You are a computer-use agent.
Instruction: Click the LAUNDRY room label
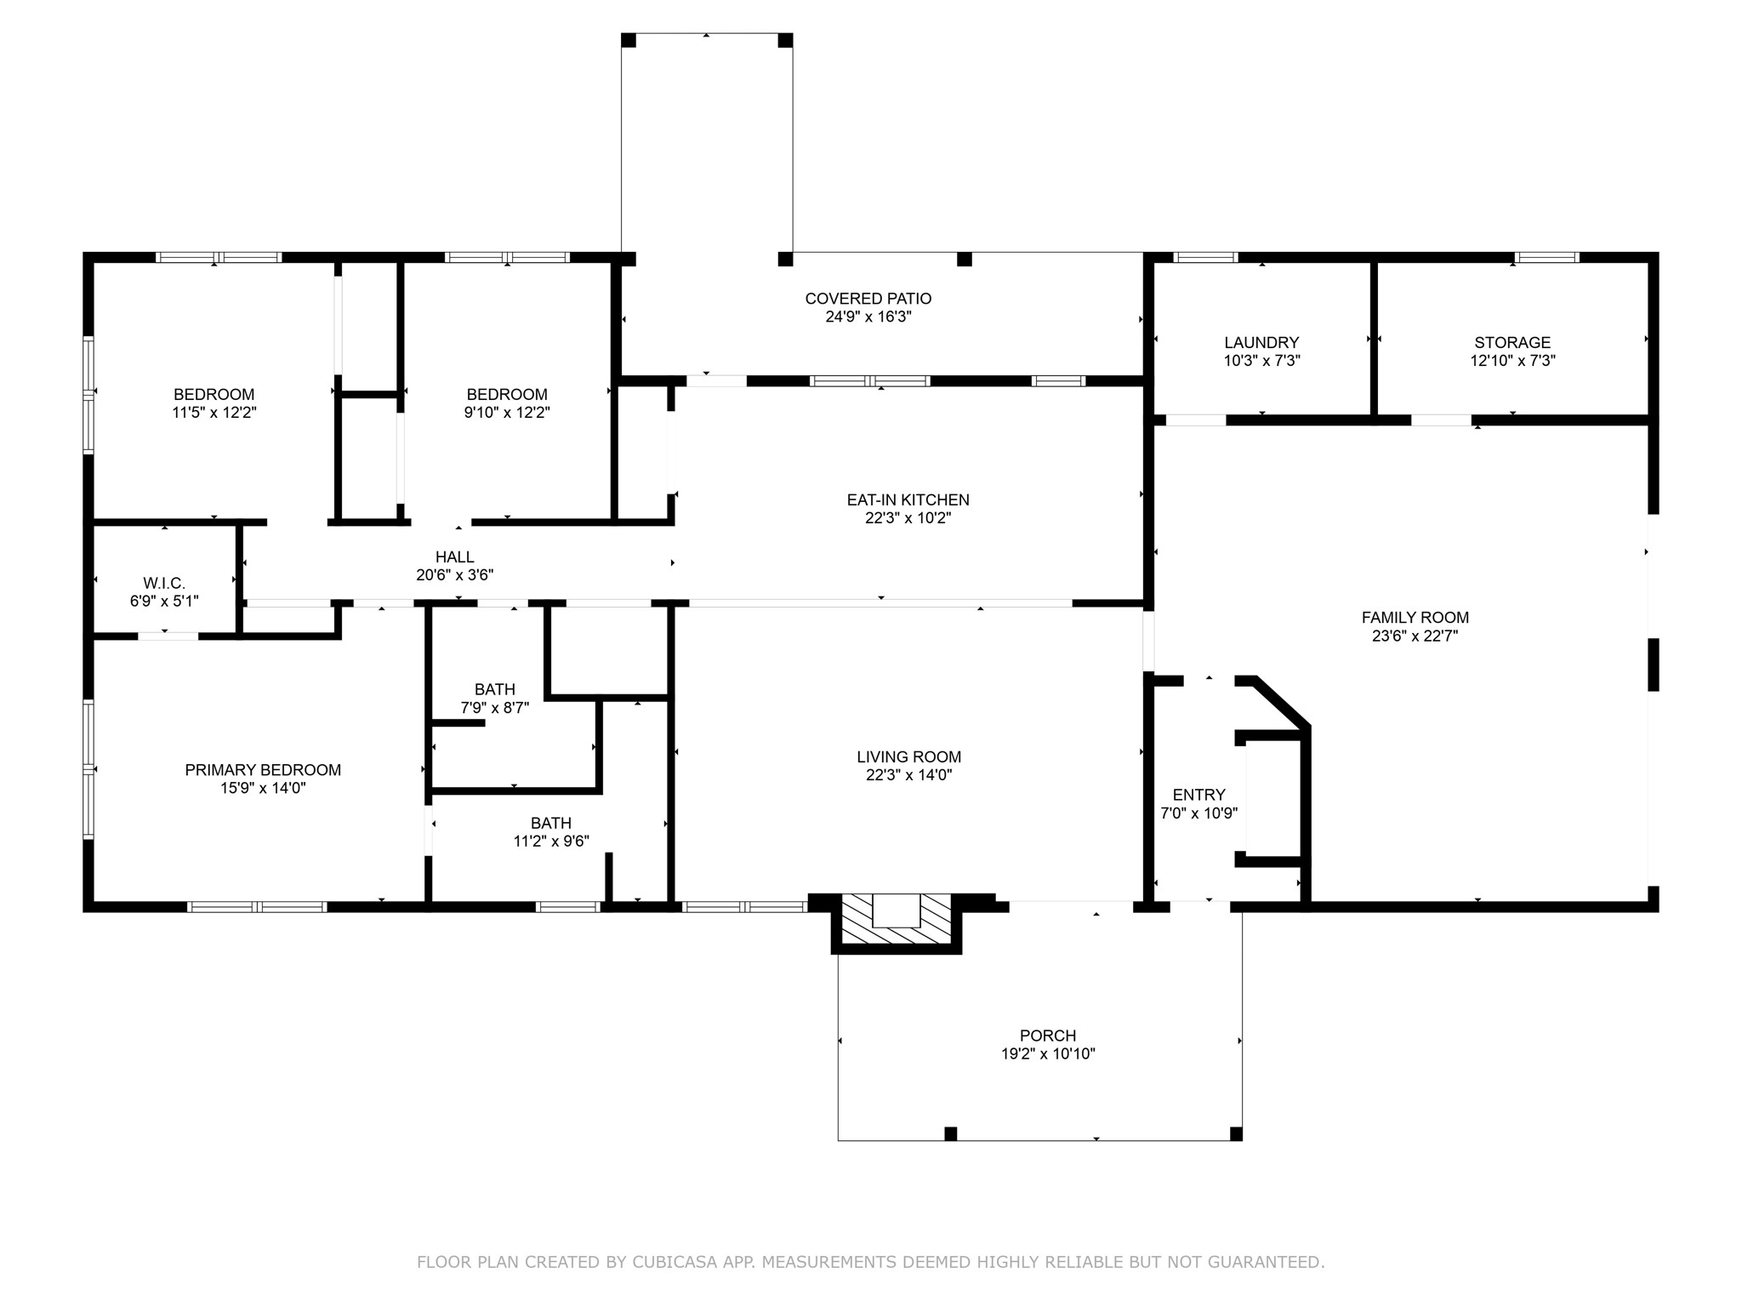pos(1261,343)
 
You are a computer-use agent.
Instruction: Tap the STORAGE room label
pos(1512,343)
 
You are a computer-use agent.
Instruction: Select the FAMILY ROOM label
pos(1415,618)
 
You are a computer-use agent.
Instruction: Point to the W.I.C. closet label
pos(164,583)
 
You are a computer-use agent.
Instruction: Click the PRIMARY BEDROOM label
pos(263,770)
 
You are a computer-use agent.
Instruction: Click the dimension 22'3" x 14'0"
pos(909,775)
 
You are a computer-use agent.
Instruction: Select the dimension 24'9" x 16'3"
pos(868,317)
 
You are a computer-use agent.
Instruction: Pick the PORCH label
pos(1048,1036)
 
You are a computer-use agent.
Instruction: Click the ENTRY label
pos(1199,795)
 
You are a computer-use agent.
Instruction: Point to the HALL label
pos(455,557)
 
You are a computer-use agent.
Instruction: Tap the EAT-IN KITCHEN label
pos(908,500)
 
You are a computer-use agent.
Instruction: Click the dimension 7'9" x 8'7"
pos(495,707)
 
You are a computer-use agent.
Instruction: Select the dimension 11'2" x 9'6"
pos(551,842)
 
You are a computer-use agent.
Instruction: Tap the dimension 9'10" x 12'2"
pos(507,413)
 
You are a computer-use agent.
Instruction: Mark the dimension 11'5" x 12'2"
pos(214,413)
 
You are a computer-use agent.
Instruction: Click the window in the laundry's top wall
pos(1205,257)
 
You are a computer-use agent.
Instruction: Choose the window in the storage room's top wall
pos(1547,257)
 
